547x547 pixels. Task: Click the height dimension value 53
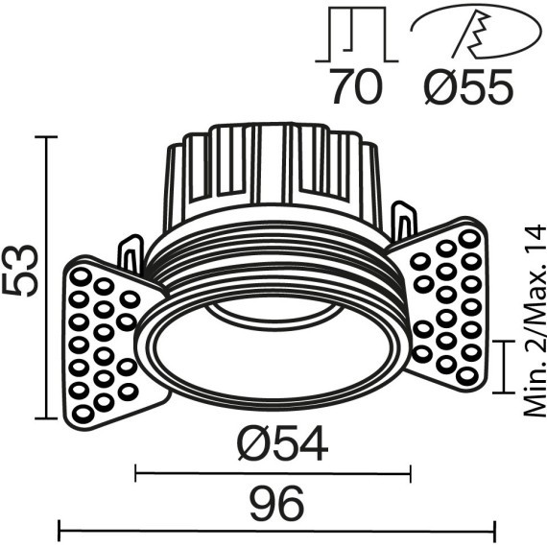click(21, 272)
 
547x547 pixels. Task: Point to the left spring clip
click(131, 254)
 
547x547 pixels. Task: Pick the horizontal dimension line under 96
click(276, 526)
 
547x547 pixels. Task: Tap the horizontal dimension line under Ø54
click(273, 470)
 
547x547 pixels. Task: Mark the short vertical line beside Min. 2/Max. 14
click(506, 366)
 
